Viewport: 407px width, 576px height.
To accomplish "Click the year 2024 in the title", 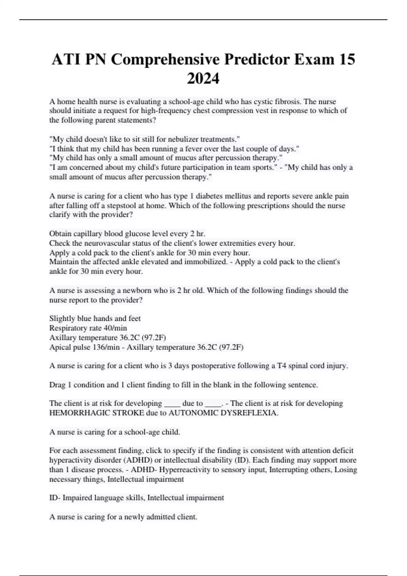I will [203, 79].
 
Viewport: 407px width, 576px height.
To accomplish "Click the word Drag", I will [57, 385].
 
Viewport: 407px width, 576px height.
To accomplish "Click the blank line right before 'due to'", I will [172, 404].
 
